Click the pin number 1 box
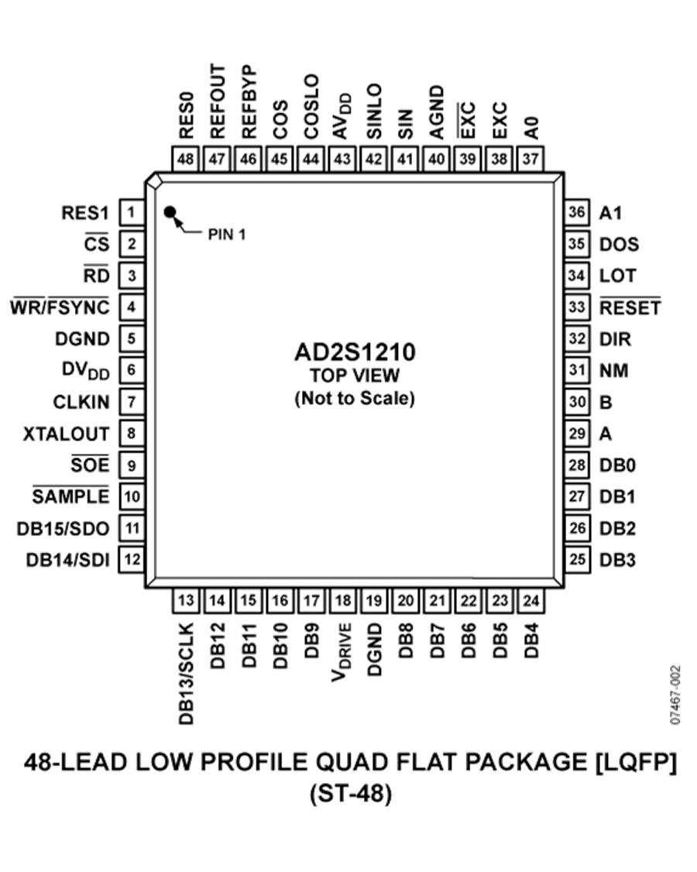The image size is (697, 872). [x=132, y=212]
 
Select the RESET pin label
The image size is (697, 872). [x=630, y=307]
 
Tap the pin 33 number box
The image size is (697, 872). [x=575, y=307]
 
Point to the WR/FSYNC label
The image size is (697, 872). [x=60, y=307]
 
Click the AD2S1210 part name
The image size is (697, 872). [x=355, y=354]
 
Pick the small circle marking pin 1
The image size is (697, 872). [x=169, y=211]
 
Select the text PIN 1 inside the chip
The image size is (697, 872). [x=226, y=234]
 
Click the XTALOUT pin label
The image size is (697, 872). [x=67, y=433]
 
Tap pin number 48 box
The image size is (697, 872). [x=186, y=159]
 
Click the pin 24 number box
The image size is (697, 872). [x=531, y=599]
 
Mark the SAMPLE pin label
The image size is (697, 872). [x=71, y=496]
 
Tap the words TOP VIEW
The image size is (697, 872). [x=355, y=377]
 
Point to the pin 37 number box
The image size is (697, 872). [x=531, y=159]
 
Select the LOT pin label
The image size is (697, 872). [x=617, y=275]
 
